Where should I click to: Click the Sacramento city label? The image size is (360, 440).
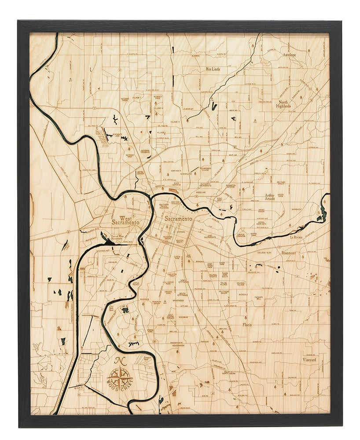(178, 219)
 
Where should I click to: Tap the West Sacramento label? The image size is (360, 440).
(125, 220)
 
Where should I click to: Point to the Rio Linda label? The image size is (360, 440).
(215, 69)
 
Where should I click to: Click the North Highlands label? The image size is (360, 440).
(284, 104)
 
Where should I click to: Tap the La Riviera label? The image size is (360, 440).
(298, 237)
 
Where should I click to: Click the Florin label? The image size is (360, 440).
(247, 325)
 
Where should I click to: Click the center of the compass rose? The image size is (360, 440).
(120, 377)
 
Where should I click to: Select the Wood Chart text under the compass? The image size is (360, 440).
(120, 388)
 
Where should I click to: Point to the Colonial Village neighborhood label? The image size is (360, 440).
(241, 284)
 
